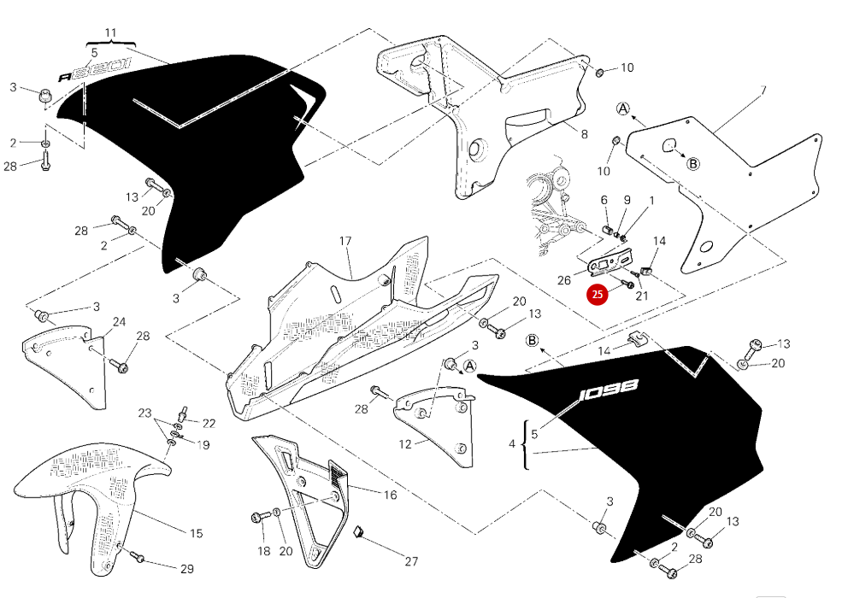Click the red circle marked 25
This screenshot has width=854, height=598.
point(597,294)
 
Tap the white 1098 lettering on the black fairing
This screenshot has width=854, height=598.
point(608,390)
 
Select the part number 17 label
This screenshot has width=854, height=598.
point(345,242)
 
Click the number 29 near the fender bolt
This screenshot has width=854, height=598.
point(187,569)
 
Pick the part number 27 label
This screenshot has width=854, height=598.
point(411,561)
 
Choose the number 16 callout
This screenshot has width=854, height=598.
point(389,495)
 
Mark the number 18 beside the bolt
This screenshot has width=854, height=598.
point(263,551)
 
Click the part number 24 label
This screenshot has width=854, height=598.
point(119,322)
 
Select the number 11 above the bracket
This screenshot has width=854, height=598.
point(110,33)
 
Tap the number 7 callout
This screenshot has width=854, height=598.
point(763,90)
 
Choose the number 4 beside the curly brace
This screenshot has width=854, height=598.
point(512,443)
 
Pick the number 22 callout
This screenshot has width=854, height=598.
point(209,423)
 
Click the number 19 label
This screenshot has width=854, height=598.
point(203,444)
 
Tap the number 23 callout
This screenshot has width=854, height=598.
point(145,413)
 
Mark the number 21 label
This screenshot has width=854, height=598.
point(642,296)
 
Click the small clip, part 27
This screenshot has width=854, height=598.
point(360,532)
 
